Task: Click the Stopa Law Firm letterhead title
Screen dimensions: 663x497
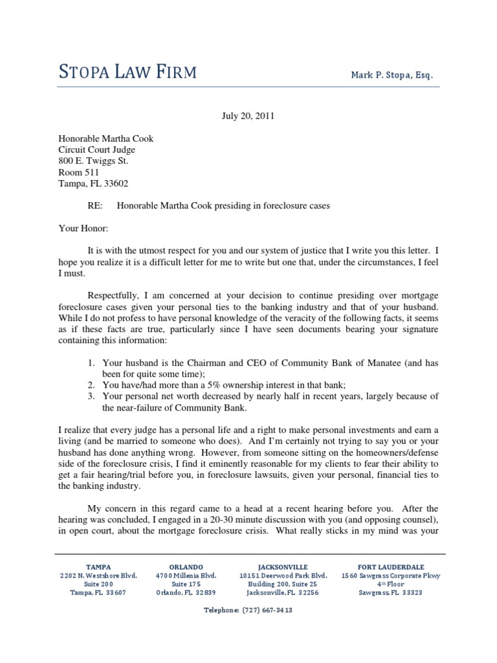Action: coord(127,72)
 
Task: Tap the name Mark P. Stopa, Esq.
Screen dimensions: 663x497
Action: coord(392,75)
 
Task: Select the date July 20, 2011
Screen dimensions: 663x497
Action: coord(248,117)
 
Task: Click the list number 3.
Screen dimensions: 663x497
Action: coord(92,397)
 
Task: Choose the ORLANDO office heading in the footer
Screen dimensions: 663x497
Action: coord(186,566)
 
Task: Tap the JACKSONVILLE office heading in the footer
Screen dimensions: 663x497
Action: coord(283,566)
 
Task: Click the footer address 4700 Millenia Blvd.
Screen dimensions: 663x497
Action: coord(186,575)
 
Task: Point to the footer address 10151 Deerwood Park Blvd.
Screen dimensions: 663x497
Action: coord(283,575)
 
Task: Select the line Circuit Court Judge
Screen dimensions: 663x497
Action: coord(93,150)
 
